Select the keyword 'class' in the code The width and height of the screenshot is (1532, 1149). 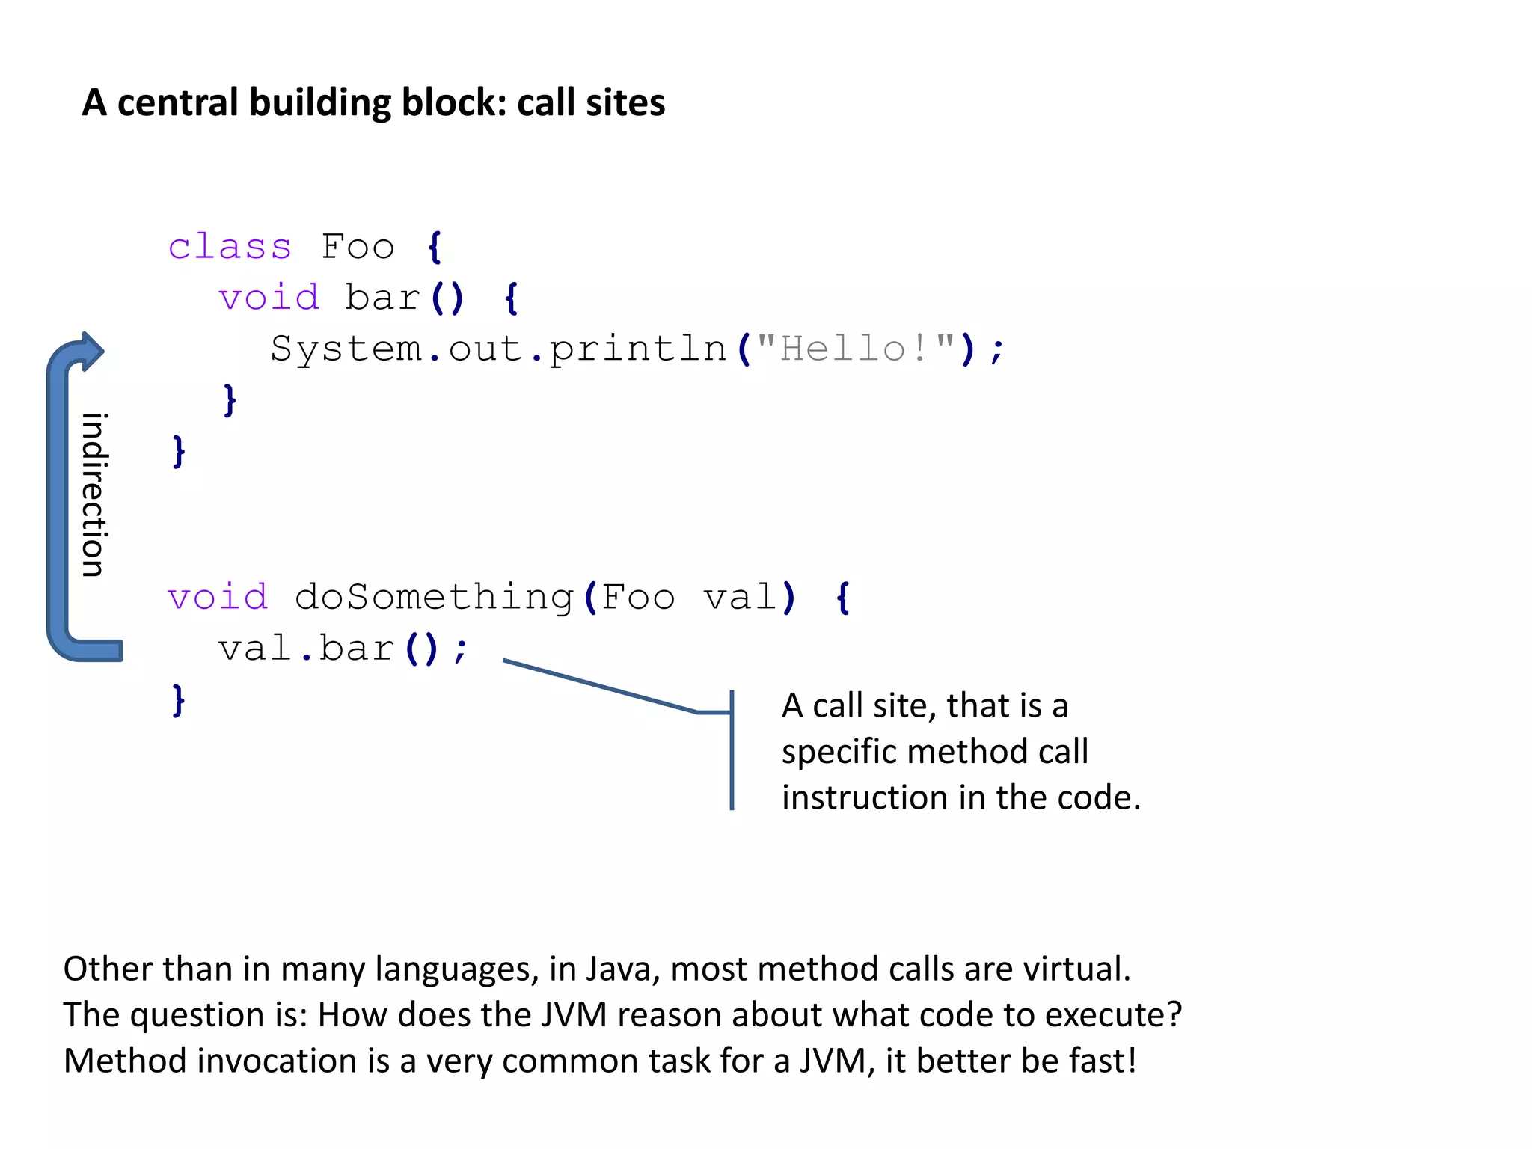pos(230,247)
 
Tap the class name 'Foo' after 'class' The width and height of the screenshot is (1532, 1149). pos(358,247)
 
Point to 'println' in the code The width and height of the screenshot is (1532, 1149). pos(638,349)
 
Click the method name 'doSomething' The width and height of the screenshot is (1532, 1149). pos(434,597)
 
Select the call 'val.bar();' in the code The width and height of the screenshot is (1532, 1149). pos(343,648)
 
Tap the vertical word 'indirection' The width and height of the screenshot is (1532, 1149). pos(94,494)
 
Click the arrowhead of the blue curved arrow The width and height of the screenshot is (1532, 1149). pos(91,352)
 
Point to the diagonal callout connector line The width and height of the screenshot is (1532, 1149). pos(598,686)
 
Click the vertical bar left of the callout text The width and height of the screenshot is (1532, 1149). pos(732,750)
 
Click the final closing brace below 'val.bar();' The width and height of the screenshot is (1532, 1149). pos(178,701)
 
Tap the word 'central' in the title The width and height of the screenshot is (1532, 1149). pos(179,102)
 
